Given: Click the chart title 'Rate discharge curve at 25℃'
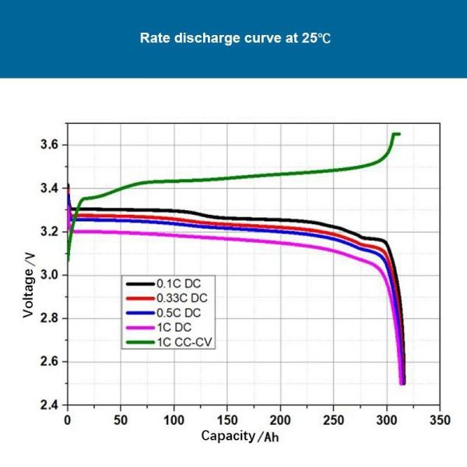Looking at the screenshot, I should click(x=233, y=37).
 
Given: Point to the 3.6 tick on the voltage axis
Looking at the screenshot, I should click(x=49, y=146).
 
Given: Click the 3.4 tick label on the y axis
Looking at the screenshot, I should click(x=49, y=188).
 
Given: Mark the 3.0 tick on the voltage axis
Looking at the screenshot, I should click(x=49, y=276).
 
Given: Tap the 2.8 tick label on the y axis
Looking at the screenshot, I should click(x=49, y=318).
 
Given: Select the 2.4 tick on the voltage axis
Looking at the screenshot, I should click(x=49, y=406).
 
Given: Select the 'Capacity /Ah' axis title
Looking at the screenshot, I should click(x=240, y=436).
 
